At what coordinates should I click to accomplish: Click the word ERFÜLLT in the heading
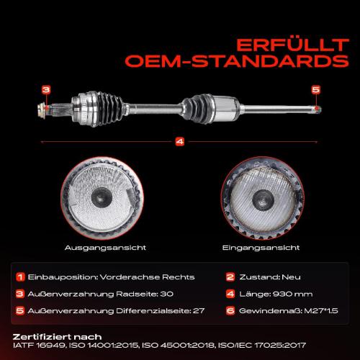292,45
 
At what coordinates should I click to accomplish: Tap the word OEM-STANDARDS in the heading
237,61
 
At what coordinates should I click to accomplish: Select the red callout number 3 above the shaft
46,90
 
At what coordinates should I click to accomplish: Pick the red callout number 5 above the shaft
316,90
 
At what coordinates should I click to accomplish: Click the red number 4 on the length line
180,142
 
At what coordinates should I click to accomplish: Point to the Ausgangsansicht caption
105,248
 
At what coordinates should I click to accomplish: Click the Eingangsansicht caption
261,248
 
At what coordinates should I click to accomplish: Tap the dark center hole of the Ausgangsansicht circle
102,197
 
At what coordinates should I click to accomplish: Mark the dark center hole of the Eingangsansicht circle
264,199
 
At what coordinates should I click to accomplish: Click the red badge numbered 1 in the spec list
20,277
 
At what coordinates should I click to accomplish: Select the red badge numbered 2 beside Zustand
230,277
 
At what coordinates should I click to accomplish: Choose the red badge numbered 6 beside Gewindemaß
230,311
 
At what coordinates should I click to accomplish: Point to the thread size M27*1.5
321,311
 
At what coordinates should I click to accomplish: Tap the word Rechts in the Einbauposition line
179,277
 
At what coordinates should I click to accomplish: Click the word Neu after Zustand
291,277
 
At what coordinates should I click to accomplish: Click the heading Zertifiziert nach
57,337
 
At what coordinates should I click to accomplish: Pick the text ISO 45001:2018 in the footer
178,346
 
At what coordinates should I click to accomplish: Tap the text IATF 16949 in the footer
39,346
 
